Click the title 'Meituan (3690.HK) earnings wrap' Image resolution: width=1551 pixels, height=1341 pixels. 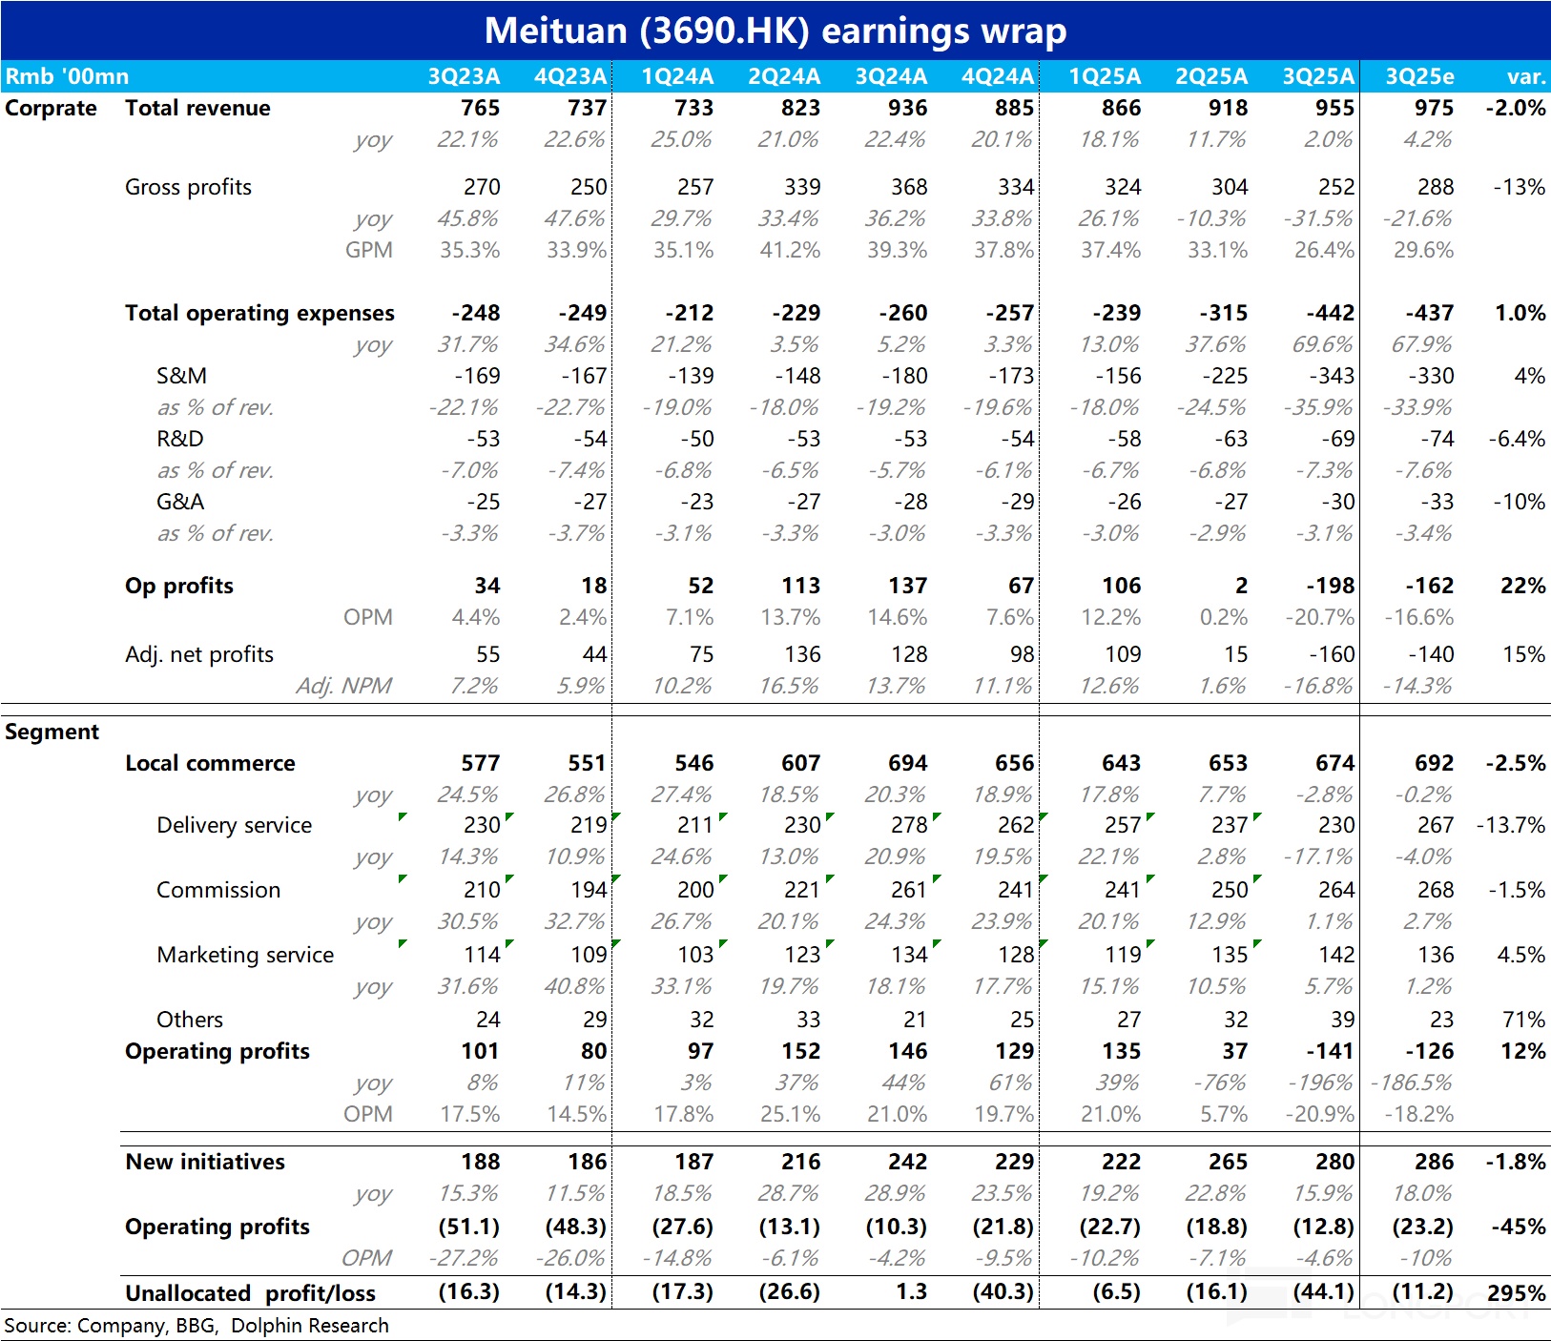point(775,31)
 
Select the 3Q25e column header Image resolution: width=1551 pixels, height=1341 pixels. point(1419,76)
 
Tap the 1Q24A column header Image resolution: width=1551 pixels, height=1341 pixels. point(677,76)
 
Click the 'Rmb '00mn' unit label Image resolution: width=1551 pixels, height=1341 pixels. point(67,76)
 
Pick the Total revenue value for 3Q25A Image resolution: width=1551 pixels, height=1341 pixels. point(1334,108)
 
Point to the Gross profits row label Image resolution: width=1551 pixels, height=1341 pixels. point(188,187)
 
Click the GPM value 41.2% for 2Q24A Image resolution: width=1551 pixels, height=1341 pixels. point(790,250)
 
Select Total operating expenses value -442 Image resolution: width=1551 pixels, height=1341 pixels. point(1329,313)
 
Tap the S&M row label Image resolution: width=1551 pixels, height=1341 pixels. point(181,376)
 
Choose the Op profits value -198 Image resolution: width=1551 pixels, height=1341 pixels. point(1330,586)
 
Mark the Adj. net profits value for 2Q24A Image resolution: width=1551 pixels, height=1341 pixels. point(802,654)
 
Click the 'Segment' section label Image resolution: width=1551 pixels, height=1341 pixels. point(52,732)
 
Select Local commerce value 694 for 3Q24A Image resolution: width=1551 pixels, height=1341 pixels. point(907,763)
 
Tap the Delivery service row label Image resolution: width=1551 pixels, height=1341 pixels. point(234,825)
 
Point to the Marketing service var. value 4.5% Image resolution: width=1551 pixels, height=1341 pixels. point(1522,955)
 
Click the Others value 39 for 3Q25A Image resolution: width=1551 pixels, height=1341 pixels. point(1342,1020)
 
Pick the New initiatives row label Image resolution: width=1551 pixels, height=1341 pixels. point(205,1162)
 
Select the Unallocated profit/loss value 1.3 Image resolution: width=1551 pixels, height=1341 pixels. point(911,1292)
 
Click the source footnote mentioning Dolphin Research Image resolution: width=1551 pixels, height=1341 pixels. point(196,1326)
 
